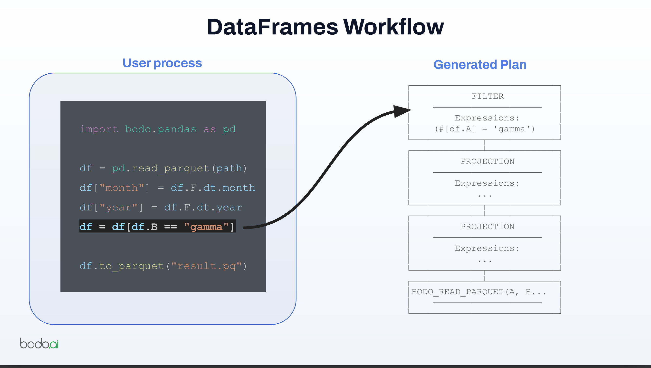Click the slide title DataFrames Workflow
tap(325, 27)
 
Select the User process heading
tap(162, 63)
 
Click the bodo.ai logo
tap(39, 343)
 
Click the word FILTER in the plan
tap(488, 96)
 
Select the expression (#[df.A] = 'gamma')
tap(485, 129)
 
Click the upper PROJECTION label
tap(488, 161)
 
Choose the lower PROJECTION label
tap(488, 227)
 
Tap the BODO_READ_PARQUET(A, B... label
tap(479, 292)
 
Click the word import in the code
tap(99, 129)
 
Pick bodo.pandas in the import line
tap(161, 129)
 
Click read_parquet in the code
tap(171, 169)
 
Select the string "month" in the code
tap(122, 188)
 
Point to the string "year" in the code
tap(118, 208)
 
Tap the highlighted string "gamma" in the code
tap(206, 227)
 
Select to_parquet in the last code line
tap(131, 266)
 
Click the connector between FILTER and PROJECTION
tap(485, 145)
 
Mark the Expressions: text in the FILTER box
tap(487, 118)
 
